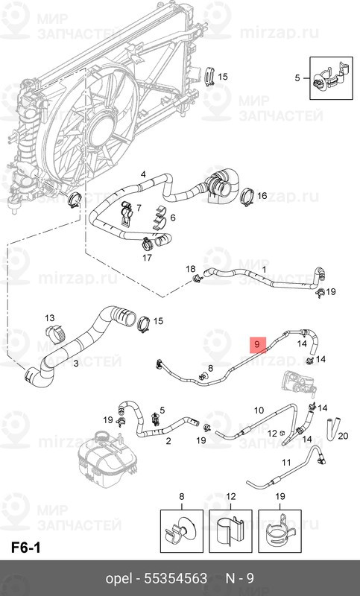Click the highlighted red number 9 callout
[x=257, y=345]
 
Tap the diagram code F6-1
[x=25, y=548]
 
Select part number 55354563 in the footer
[x=176, y=578]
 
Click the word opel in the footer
[x=119, y=579]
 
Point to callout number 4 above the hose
[x=143, y=174]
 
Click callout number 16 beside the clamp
[x=262, y=196]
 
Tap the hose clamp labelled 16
[x=248, y=197]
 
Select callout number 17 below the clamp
[x=147, y=258]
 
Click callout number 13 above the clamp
[x=50, y=318]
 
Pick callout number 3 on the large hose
[x=76, y=364]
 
